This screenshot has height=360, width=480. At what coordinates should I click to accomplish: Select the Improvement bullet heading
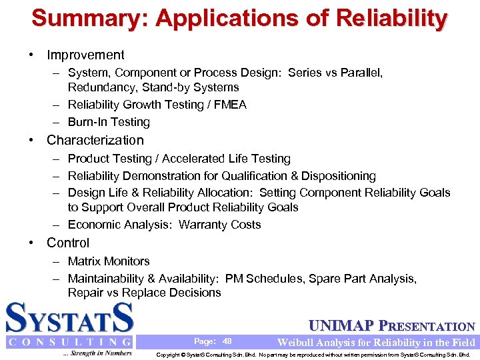tap(85, 55)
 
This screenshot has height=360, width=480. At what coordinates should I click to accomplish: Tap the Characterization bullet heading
tap(95, 140)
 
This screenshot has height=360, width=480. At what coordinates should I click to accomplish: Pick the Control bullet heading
tap(67, 243)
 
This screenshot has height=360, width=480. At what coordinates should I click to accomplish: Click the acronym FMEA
tap(229, 105)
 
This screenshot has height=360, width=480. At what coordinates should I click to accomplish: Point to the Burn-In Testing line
tap(109, 122)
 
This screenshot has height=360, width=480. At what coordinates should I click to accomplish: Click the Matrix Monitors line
tap(109, 261)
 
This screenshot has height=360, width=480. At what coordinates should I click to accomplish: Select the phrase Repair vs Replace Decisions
tap(144, 293)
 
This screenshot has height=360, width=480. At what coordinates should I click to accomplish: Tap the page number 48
tap(227, 341)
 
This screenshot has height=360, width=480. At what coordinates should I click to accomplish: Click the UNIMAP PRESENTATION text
tap(392, 327)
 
